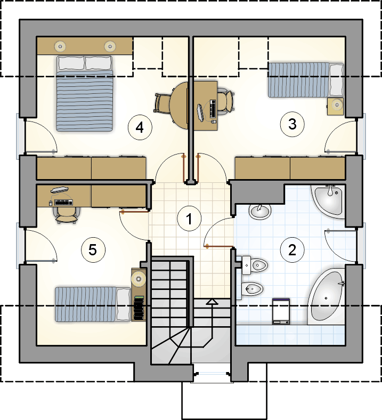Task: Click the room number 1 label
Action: pyautogui.click(x=189, y=219)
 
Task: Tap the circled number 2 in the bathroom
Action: pyautogui.click(x=292, y=249)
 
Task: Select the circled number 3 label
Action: pyautogui.click(x=292, y=124)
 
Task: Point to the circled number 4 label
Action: pyautogui.click(x=140, y=127)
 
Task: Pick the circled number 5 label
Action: pyautogui.click(x=93, y=250)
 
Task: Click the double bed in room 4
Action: pyautogui.click(x=85, y=93)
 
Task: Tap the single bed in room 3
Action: pyautogui.click(x=306, y=79)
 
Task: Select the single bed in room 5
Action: pyautogui.click(x=93, y=304)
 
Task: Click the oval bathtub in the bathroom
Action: pyautogui.click(x=326, y=296)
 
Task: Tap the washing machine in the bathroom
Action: pyautogui.click(x=281, y=311)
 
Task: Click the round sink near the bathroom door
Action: pyautogui.click(x=259, y=211)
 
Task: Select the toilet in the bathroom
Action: pyautogui.click(x=255, y=265)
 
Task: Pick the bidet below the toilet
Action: pyautogui.click(x=252, y=288)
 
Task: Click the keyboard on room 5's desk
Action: pyautogui.click(x=64, y=203)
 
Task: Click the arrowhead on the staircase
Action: pyautogui.click(x=212, y=302)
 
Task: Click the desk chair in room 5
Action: pyautogui.click(x=66, y=215)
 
